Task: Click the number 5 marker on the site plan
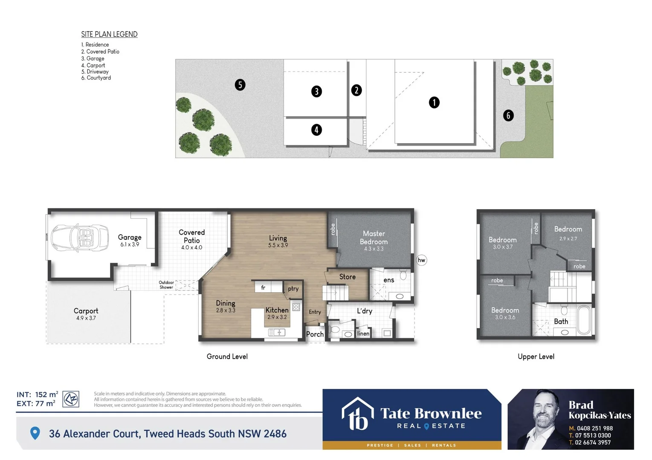point(240,85)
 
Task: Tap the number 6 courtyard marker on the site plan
point(508,115)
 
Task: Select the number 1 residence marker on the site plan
point(434,102)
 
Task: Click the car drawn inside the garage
point(80,238)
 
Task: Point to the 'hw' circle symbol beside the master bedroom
point(421,260)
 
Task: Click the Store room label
point(347,277)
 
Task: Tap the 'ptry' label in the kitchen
point(293,289)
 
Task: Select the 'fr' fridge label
point(263,288)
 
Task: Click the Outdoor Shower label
point(166,285)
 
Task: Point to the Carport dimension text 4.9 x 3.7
point(86,318)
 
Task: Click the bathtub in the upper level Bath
point(584,320)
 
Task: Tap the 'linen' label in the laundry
point(363,333)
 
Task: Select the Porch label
point(315,334)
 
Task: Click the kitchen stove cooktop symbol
point(296,307)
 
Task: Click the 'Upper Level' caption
point(536,356)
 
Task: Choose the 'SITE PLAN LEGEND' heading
point(109,34)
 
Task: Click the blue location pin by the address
point(35,433)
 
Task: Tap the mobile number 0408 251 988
point(594,428)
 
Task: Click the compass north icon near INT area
point(71,399)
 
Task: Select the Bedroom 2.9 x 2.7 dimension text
point(568,239)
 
